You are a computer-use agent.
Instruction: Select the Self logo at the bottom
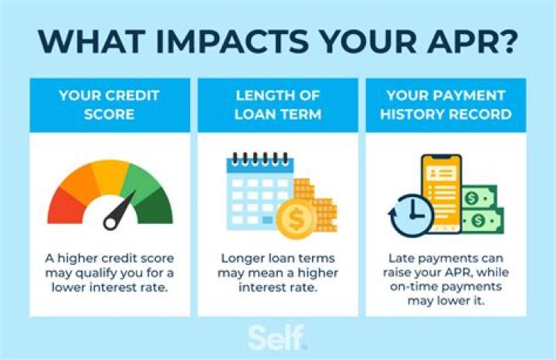pyautogui.click(x=278, y=338)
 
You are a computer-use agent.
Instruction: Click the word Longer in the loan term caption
pyautogui.click(x=243, y=259)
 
